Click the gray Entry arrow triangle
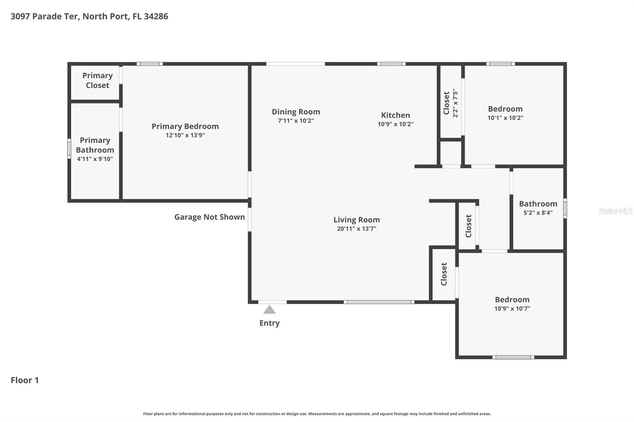click(269, 310)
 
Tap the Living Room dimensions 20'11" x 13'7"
click(356, 229)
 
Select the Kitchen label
click(395, 115)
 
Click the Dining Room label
click(296, 112)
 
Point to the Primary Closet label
click(97, 80)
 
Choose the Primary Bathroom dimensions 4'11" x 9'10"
click(95, 159)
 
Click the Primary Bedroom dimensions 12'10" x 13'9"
click(185, 135)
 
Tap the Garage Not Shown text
click(209, 217)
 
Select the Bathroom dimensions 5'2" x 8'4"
click(538, 213)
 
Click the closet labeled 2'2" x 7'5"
click(451, 103)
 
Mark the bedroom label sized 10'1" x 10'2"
click(505, 109)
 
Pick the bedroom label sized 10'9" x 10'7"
click(512, 300)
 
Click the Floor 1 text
click(25, 380)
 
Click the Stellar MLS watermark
click(615, 211)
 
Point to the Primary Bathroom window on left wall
click(69, 149)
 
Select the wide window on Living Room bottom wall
click(379, 302)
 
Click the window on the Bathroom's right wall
click(565, 208)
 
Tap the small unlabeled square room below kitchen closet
click(451, 153)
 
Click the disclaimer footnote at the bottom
click(317, 414)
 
